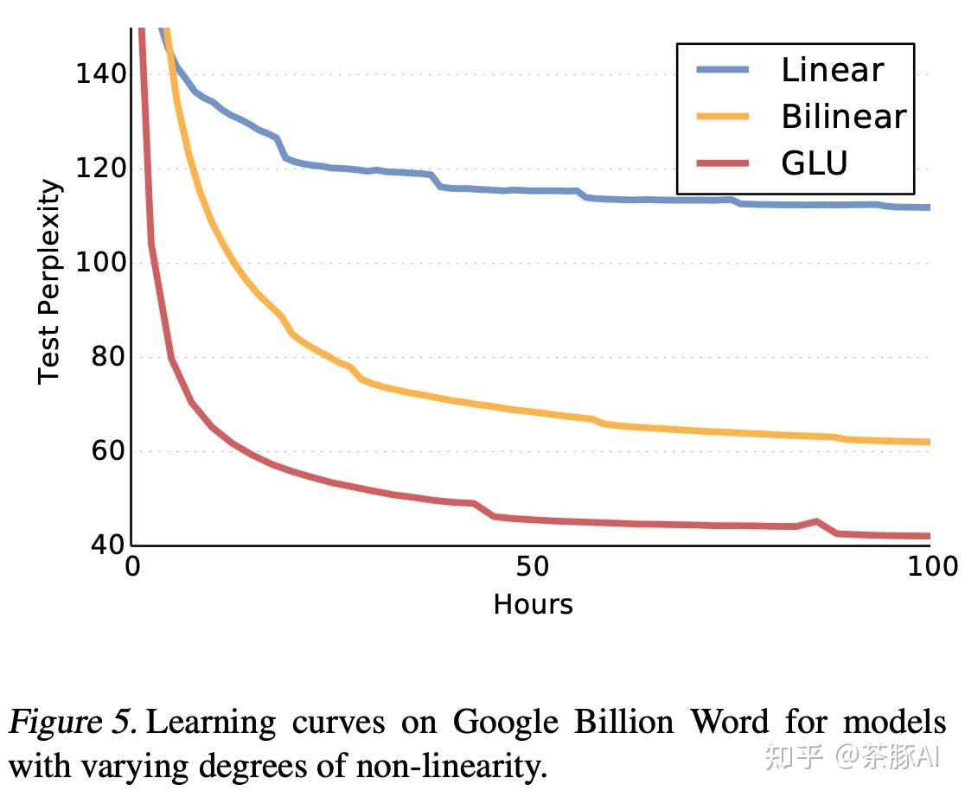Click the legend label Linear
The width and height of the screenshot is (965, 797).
832,70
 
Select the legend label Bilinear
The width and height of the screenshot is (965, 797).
843,117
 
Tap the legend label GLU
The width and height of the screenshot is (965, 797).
814,163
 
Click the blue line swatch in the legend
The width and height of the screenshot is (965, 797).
723,71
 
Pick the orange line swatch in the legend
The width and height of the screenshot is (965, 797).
723,117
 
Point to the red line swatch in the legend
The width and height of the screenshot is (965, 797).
723,163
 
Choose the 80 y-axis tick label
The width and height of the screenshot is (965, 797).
108,356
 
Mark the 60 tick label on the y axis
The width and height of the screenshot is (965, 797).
108,450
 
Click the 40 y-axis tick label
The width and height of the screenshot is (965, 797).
108,545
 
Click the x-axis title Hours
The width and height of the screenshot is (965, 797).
533,603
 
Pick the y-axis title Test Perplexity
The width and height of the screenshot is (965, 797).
50,281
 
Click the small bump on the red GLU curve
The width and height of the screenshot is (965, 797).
816,521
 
